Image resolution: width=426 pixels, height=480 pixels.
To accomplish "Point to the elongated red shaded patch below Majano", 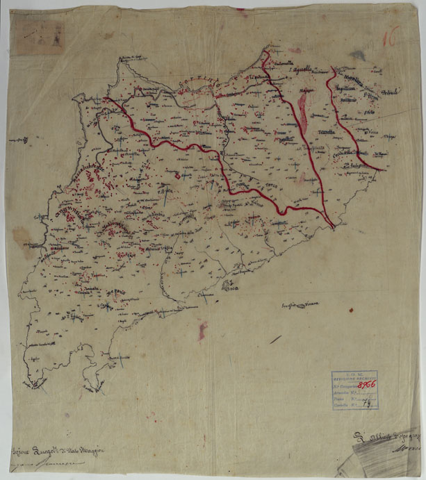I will coord(303,111).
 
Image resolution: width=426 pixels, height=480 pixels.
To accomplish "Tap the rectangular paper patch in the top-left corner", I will coord(40,36).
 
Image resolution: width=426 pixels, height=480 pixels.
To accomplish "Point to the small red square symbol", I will coord(177,176).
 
